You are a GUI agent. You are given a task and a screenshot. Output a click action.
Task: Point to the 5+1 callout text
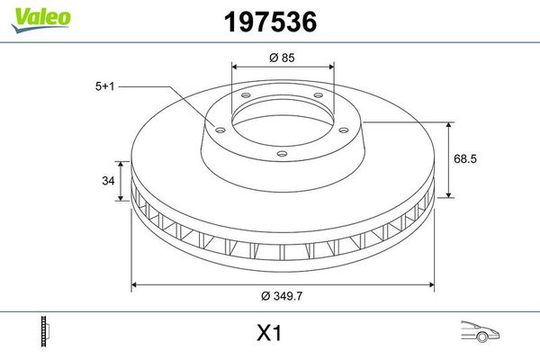tap(106, 85)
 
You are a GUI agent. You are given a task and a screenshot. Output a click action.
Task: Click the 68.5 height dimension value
tap(465, 158)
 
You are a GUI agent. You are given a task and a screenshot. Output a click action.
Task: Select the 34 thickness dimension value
tap(108, 181)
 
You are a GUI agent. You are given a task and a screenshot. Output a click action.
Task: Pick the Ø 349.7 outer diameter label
tap(283, 296)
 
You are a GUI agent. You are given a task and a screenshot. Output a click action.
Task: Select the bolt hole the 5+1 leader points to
tap(217, 128)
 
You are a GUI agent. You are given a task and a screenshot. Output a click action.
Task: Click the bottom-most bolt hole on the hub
tap(282, 154)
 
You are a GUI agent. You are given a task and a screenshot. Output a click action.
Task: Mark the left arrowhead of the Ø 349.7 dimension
tap(136, 285)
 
